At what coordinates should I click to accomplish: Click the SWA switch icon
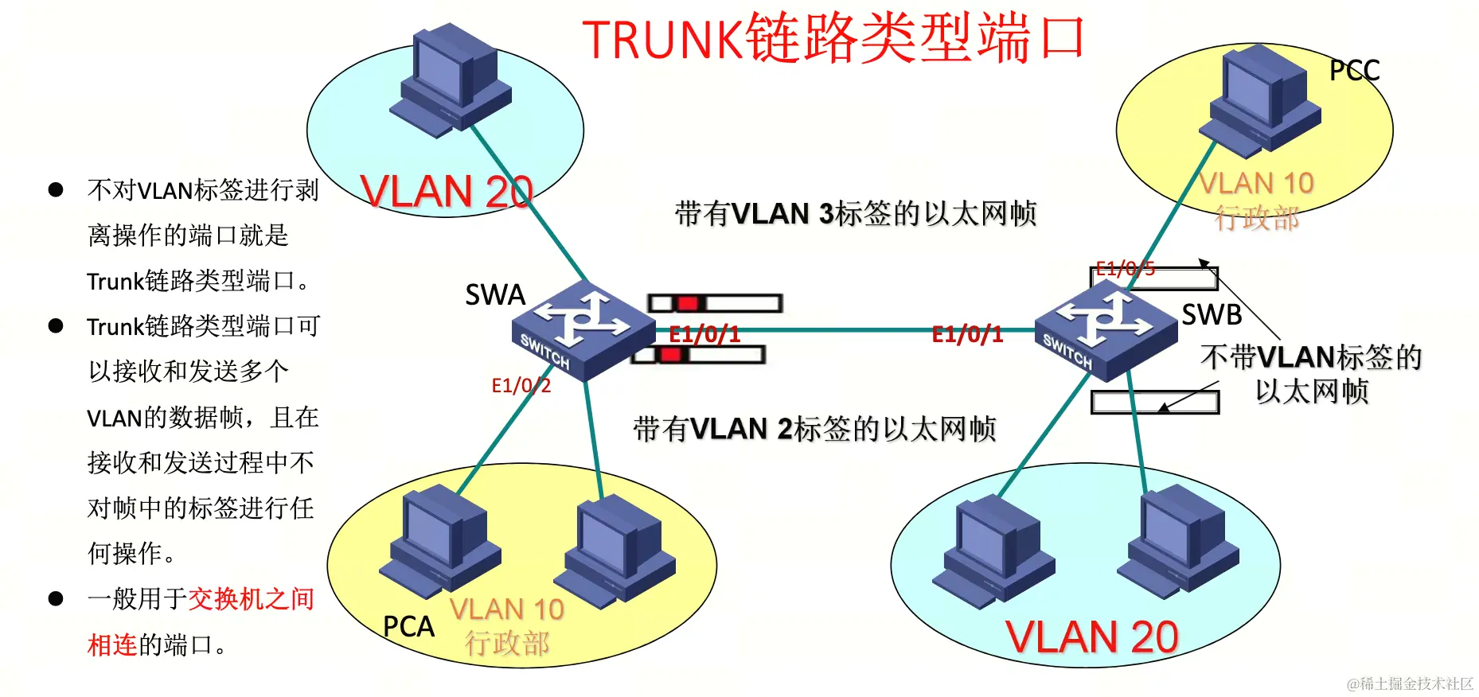click(x=583, y=330)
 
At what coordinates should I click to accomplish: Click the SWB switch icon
click(x=1106, y=330)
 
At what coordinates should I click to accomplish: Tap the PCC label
click(x=1353, y=71)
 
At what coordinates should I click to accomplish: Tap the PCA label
click(x=408, y=626)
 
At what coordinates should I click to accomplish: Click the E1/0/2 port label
click(x=521, y=386)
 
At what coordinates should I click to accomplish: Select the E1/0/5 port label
click(x=1124, y=269)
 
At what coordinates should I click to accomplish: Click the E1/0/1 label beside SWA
click(x=704, y=334)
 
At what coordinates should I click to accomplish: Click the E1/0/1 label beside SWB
click(x=966, y=334)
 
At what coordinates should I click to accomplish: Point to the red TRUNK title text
click(x=833, y=38)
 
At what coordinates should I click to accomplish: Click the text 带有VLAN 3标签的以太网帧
click(x=856, y=213)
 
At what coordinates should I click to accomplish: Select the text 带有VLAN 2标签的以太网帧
click(x=814, y=429)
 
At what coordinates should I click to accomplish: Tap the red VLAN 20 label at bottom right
click(x=1091, y=637)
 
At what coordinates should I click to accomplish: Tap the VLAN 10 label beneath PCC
click(x=1256, y=184)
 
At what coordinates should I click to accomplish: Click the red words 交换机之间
click(x=252, y=598)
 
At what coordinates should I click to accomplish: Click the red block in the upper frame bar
click(x=688, y=303)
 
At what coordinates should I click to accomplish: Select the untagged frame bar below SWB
click(x=1154, y=402)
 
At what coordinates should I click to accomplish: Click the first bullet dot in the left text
click(x=56, y=189)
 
